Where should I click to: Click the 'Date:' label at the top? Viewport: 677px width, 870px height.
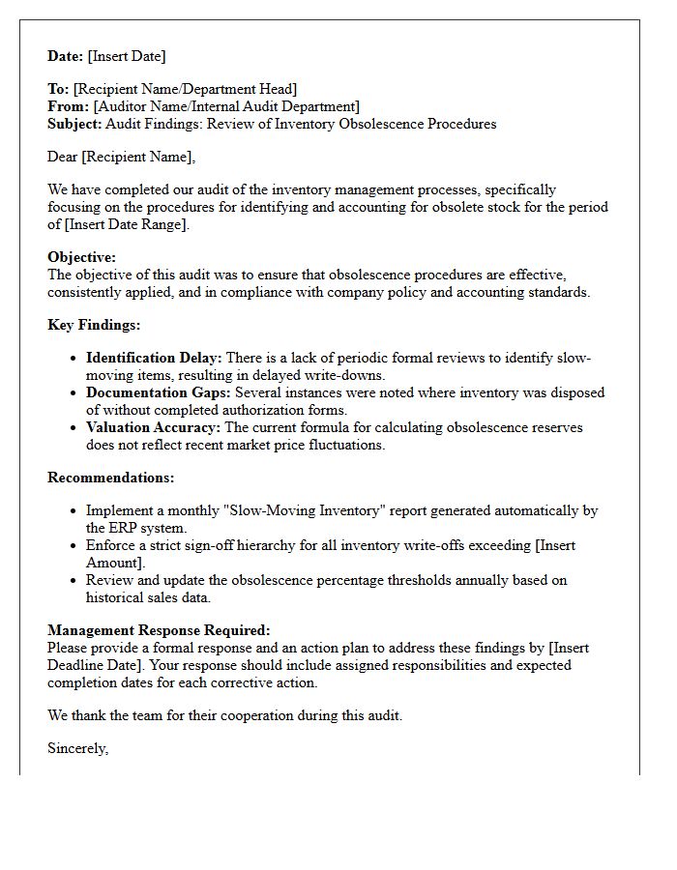66,56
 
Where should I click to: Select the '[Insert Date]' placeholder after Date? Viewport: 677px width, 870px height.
127,56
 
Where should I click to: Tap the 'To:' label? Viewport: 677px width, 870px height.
58,89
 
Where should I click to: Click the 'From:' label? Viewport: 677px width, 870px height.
69,106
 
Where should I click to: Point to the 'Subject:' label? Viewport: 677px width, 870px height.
74,124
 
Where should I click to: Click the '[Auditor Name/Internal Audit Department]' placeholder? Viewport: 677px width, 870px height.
226,106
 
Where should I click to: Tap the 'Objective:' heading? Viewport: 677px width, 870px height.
81,257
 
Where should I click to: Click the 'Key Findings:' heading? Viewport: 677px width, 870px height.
94,325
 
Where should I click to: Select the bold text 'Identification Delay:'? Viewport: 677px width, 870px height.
154,358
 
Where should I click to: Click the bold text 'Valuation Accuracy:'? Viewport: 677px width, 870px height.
153,427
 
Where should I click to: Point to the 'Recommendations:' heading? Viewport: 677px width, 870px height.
111,478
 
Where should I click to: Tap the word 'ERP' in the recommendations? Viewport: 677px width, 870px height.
127,528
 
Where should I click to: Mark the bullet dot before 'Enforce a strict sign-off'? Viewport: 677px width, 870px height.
74,546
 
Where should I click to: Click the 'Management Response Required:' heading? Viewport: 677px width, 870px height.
159,630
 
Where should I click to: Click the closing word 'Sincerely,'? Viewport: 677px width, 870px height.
77,748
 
